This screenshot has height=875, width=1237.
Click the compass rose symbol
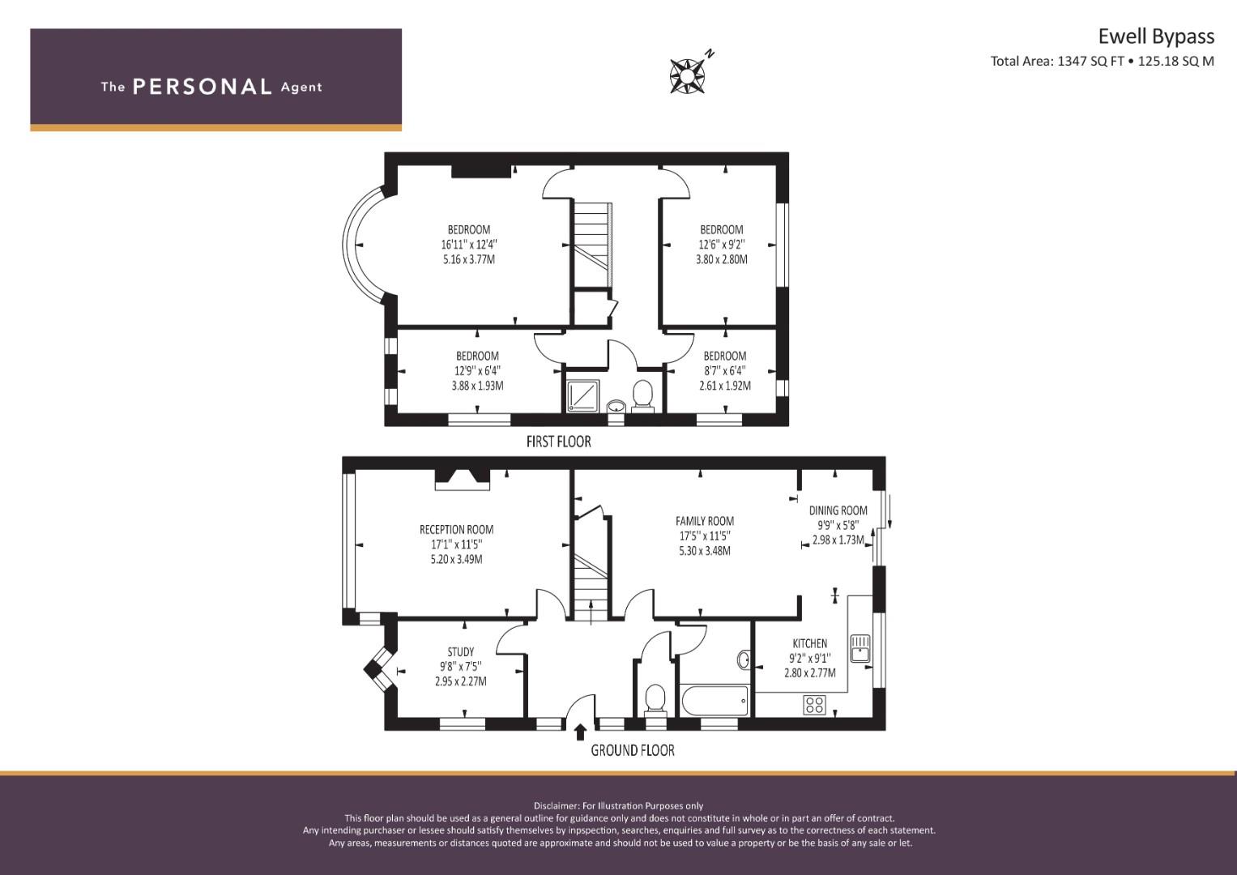(687, 76)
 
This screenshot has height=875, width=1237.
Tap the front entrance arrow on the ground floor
(580, 732)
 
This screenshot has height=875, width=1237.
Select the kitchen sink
(860, 648)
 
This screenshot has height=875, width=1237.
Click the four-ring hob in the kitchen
(815, 705)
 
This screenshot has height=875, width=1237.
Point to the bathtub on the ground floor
(715, 701)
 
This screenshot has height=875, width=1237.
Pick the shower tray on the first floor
(583, 395)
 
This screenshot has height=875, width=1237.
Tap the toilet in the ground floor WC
(655, 701)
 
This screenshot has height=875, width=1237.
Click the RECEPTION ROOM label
(457, 530)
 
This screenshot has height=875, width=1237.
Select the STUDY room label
(461, 652)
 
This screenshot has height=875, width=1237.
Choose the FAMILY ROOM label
(705, 521)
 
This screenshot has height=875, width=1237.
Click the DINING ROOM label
(838, 510)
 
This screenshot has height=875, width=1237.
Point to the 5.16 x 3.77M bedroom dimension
(469, 259)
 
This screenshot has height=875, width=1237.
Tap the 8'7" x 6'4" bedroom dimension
(725, 371)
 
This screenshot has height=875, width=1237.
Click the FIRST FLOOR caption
(558, 442)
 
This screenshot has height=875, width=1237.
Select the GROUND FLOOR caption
(633, 750)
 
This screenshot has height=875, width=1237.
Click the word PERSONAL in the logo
(203, 87)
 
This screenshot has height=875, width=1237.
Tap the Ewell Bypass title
(1156, 36)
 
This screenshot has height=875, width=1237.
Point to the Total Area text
(1103, 62)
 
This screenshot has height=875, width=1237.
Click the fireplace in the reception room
(463, 478)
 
